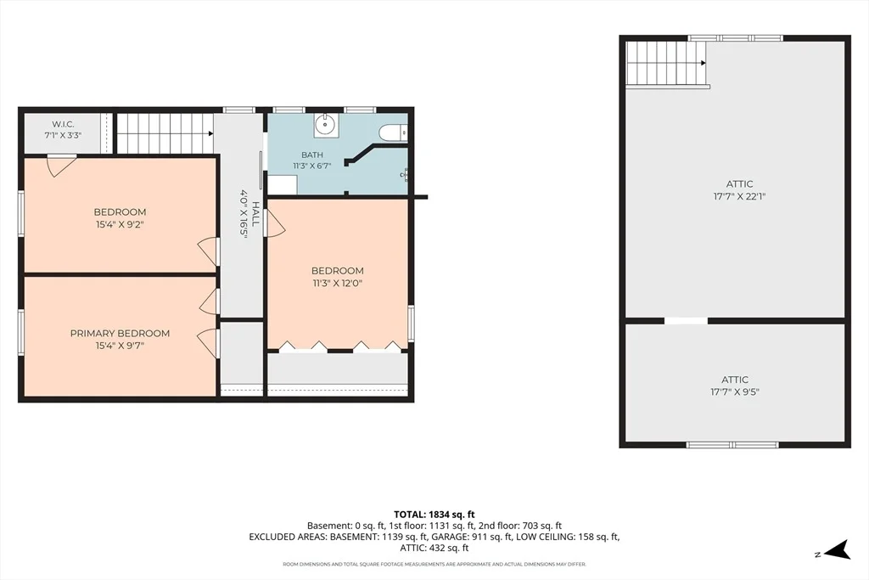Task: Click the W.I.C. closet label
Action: tap(63, 124)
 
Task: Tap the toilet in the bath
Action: tap(394, 133)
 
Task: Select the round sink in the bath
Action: tap(327, 126)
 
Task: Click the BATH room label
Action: tap(312, 155)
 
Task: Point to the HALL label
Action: tap(256, 213)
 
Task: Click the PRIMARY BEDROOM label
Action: tap(120, 333)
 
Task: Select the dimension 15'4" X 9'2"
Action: tap(120, 224)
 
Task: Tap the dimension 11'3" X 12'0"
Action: tap(337, 284)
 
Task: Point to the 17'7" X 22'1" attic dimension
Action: tap(739, 196)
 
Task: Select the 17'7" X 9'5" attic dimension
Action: tap(735, 392)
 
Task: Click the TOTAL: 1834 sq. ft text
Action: tap(434, 515)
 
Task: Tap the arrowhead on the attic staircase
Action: tap(704, 63)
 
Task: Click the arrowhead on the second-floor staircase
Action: tap(210, 133)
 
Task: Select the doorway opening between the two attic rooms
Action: tap(686, 320)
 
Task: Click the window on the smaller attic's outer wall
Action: tap(732, 445)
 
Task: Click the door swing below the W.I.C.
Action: tap(61, 166)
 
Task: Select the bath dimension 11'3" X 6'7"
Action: tap(312, 166)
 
